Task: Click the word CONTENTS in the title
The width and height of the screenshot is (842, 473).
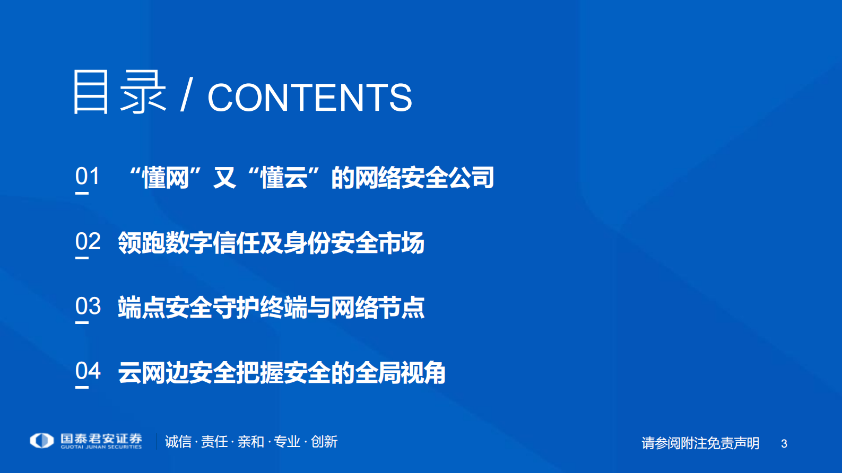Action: pos(309,98)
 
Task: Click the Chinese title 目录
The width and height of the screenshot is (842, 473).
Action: pos(119,92)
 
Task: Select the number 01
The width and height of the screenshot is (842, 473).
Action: pos(88,176)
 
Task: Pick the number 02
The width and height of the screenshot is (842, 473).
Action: pos(88,241)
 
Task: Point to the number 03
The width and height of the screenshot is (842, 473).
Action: pos(88,306)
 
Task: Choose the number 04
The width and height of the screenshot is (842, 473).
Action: pos(88,371)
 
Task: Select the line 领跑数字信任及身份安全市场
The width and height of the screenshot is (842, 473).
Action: pos(271,243)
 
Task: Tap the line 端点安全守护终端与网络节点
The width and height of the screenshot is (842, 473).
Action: pos(271,308)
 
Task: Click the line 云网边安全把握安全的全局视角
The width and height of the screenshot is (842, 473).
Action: pos(282,372)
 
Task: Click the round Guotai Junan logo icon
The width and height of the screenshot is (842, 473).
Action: pos(42,440)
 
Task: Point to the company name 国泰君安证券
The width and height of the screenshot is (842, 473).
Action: pos(101,438)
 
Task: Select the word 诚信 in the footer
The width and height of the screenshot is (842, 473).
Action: pos(178,441)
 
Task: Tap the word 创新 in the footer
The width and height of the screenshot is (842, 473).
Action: pos(324,441)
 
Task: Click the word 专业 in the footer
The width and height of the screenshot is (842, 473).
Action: pos(287,441)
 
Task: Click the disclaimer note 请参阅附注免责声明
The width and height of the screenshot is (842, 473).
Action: pos(700,443)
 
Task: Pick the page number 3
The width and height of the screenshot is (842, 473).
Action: pos(784,443)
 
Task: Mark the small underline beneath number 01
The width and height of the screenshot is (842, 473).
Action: pos(82,193)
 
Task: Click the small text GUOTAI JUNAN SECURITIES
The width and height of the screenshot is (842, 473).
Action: pos(101,447)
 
